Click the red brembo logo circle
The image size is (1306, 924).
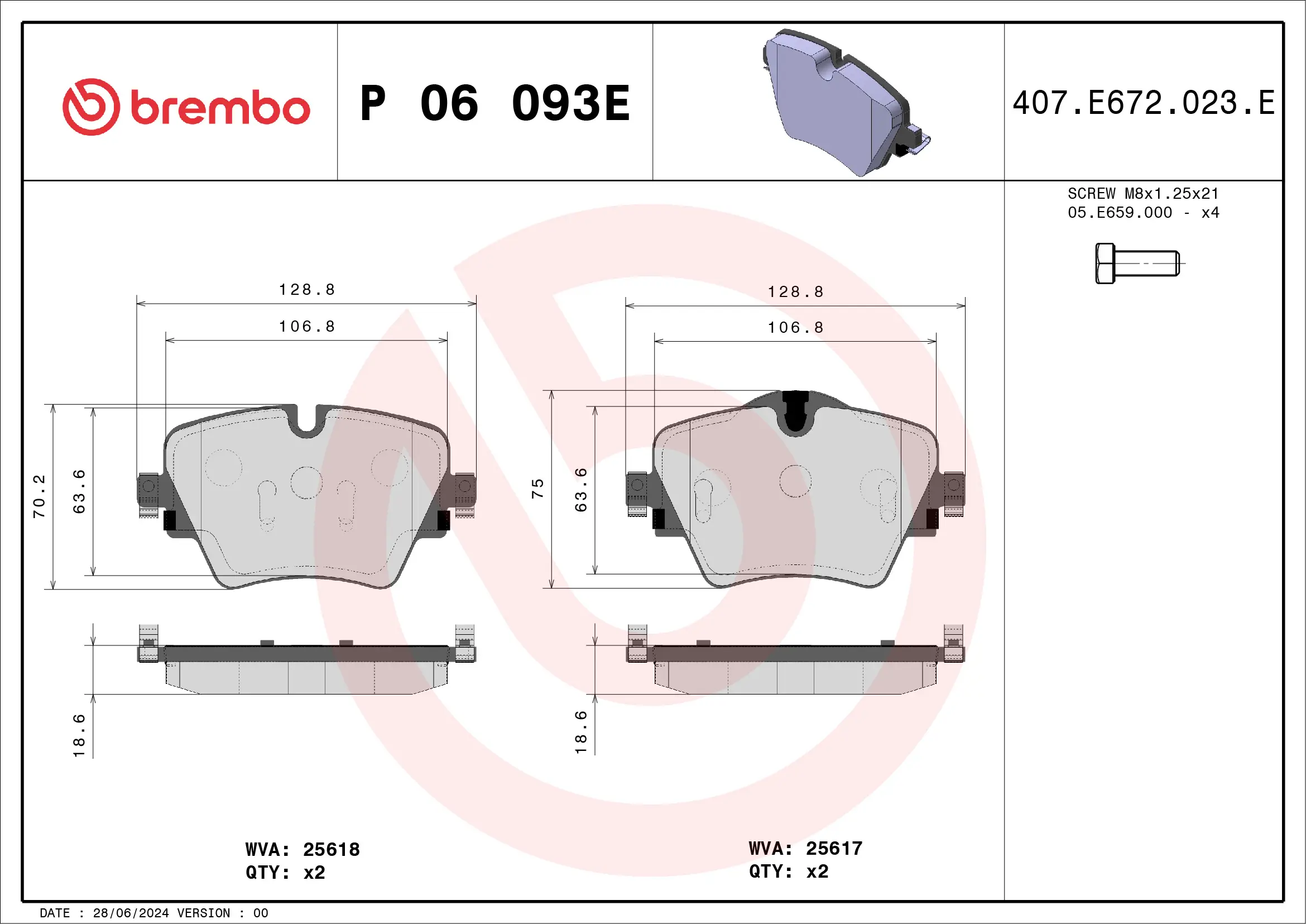[91, 107]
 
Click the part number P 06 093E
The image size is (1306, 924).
[495, 103]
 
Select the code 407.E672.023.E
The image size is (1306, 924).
[1144, 103]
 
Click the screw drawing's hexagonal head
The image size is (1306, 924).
[1105, 264]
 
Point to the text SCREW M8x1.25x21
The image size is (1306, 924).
[1143, 193]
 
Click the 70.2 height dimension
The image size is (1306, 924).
[39, 496]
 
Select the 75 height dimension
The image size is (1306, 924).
[537, 488]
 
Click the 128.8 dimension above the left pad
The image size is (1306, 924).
[307, 290]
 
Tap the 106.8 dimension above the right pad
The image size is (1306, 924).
[795, 328]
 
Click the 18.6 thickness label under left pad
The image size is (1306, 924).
[79, 735]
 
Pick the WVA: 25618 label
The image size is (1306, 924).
[302, 849]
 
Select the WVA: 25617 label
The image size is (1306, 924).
[805, 848]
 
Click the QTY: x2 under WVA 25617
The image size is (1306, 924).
[788, 871]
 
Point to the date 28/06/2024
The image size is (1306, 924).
[131, 913]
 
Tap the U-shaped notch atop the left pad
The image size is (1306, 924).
[307, 421]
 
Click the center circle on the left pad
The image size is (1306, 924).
[306, 482]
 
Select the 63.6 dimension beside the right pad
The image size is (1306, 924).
[580, 490]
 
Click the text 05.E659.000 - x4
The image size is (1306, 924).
[1143, 213]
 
